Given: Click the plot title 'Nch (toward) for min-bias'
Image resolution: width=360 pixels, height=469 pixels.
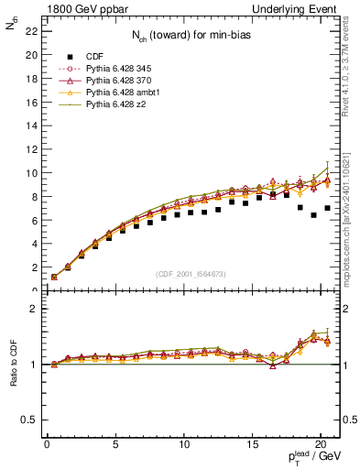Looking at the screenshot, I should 191,36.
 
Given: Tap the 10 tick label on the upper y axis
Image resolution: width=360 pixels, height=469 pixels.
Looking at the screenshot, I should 31,173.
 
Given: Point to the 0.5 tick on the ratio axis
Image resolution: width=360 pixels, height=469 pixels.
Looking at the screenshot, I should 27,420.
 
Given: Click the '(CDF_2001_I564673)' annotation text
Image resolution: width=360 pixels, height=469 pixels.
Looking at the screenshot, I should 191,274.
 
